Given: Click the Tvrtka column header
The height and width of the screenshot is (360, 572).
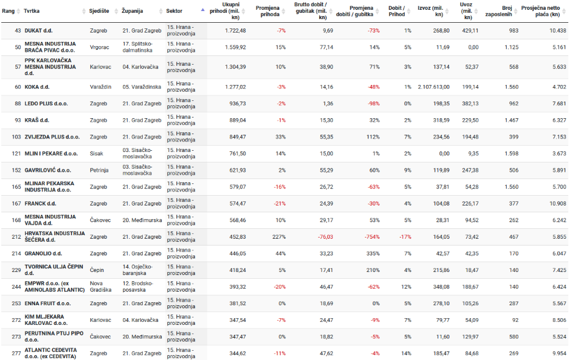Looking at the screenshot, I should pyautogui.click(x=32, y=12).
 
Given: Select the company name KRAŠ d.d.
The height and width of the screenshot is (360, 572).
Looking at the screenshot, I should pyautogui.click(x=37, y=121).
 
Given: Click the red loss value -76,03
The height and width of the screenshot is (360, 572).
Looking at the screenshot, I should pyautogui.click(x=322, y=237).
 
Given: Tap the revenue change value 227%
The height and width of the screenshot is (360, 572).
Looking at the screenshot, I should pyautogui.click(x=278, y=237).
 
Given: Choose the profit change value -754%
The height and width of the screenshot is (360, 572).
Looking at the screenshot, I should pyautogui.click(x=369, y=237).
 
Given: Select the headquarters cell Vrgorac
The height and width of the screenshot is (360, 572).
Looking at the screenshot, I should pyautogui.click(x=101, y=47).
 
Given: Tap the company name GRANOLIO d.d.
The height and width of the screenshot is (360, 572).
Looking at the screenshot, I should pyautogui.click(x=43, y=254).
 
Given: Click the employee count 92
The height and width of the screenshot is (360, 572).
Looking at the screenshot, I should pyautogui.click(x=514, y=320).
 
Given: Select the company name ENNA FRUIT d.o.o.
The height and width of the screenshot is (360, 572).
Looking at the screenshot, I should pyautogui.click(x=47, y=303).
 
